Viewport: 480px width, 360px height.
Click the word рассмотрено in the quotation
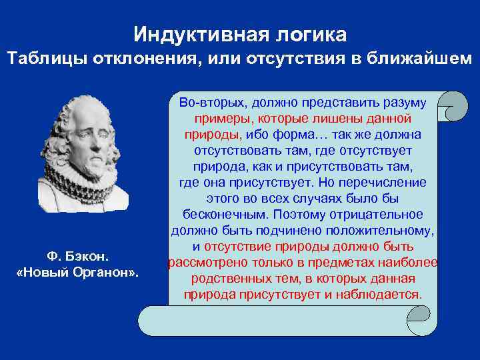pyautogui.click(x=203, y=263)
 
